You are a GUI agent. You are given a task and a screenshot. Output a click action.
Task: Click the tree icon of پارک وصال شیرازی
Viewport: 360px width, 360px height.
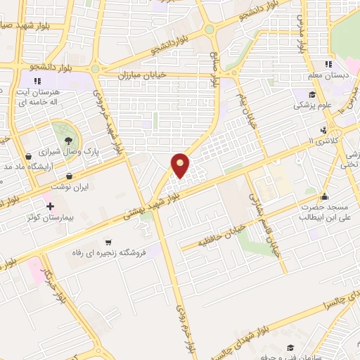[67, 141]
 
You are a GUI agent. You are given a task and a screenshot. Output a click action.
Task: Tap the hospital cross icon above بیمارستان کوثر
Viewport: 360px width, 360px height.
[49, 207]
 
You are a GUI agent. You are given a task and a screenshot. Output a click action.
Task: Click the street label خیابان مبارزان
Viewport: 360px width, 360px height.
[139, 74]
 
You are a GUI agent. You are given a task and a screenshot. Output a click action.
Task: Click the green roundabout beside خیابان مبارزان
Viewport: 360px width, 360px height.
[95, 70]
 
